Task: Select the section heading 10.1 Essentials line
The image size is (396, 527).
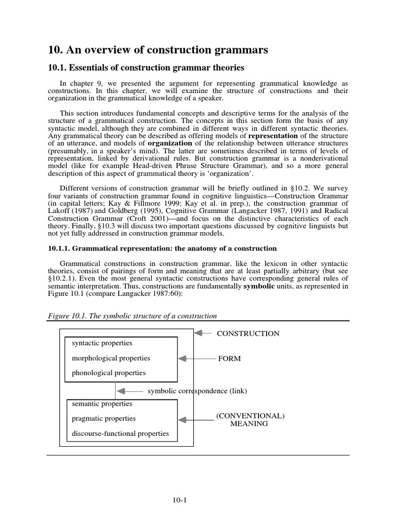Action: [x=145, y=68]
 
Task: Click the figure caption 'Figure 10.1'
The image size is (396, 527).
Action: [x=131, y=315]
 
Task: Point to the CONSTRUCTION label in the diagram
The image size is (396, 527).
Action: [x=248, y=333]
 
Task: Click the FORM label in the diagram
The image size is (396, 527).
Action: [x=229, y=358]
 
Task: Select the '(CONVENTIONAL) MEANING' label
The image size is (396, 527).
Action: [x=250, y=419]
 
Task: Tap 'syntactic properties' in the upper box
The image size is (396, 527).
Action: [x=102, y=343]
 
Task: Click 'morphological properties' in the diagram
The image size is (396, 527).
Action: [x=111, y=358]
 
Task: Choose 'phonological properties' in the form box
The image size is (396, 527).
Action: [x=109, y=373]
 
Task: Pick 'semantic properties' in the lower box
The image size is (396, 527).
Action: [x=102, y=404]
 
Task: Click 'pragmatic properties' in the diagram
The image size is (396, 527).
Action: [x=104, y=418]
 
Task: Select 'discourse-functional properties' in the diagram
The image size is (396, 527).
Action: [x=120, y=433]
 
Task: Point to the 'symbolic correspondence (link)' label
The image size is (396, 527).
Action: [x=197, y=391]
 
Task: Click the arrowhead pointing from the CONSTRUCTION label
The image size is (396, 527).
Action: [x=198, y=333]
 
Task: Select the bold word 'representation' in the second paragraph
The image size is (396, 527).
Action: [x=273, y=136]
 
